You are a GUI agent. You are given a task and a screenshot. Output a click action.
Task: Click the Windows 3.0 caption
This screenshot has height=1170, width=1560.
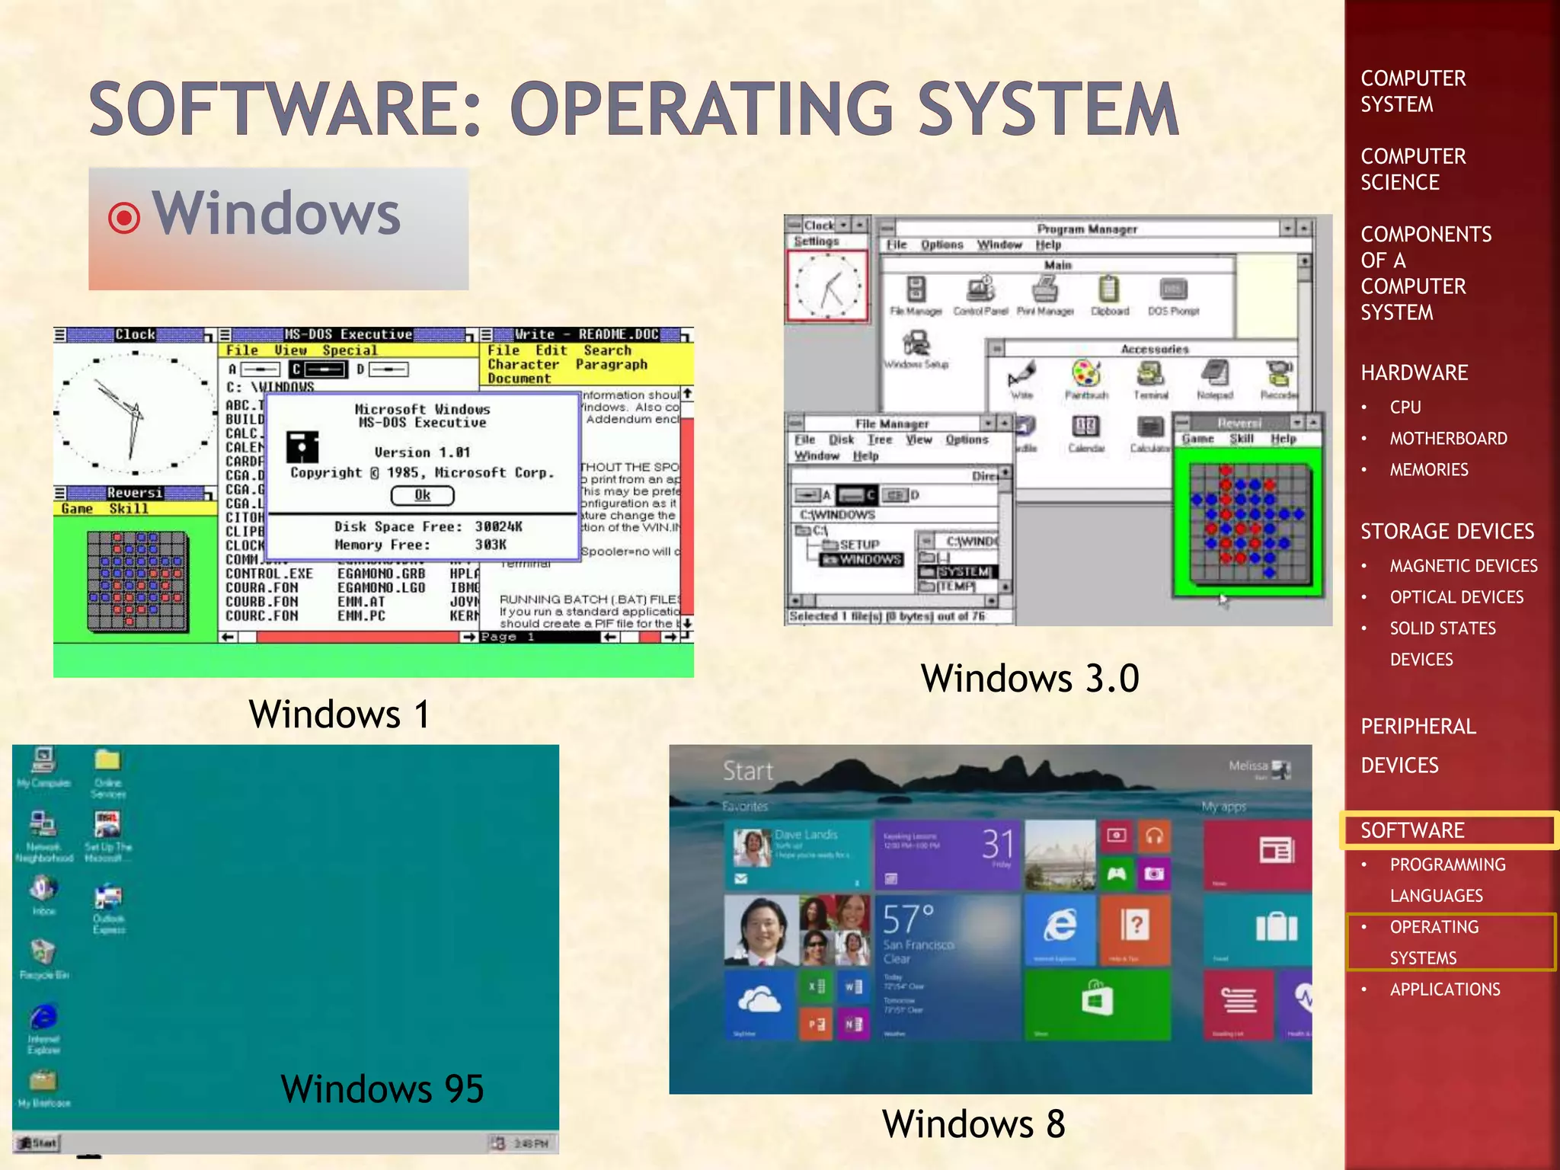[1030, 678]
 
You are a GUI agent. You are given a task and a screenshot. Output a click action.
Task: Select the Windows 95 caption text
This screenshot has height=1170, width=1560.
[382, 1088]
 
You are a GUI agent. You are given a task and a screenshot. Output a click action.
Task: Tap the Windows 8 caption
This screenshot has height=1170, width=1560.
[973, 1124]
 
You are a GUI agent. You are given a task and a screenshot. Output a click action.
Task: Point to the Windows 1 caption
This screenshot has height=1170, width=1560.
[340, 714]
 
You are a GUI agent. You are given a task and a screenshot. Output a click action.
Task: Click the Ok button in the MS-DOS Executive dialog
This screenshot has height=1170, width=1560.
[422, 496]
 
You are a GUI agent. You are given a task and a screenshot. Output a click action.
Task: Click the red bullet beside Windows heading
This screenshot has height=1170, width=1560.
[124, 219]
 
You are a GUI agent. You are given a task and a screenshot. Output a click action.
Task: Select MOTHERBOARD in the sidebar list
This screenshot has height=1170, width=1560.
[1448, 439]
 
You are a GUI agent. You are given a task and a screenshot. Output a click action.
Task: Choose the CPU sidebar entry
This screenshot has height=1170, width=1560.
[1405, 408]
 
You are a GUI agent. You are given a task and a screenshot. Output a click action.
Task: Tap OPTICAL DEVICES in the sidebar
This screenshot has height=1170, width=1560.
[1456, 597]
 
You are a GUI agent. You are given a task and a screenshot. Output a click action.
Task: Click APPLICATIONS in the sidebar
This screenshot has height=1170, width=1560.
[1445, 989]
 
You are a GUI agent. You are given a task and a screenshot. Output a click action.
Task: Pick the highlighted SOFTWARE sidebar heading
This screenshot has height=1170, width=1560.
[1413, 830]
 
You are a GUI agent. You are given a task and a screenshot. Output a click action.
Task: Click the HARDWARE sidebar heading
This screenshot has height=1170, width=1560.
[1415, 372]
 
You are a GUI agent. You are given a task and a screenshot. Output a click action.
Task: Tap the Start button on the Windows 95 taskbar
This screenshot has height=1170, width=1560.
[37, 1143]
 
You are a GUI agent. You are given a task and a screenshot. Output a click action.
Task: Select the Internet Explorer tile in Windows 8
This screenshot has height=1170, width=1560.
[1060, 927]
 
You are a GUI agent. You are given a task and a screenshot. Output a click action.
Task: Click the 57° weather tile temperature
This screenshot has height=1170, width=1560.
[907, 919]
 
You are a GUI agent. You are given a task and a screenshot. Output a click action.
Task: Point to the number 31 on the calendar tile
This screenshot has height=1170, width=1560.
[998, 844]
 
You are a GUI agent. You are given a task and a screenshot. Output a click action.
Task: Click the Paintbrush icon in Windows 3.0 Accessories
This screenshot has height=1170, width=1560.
[1085, 375]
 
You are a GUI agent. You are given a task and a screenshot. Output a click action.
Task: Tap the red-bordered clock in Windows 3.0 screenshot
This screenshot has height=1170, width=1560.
[827, 286]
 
